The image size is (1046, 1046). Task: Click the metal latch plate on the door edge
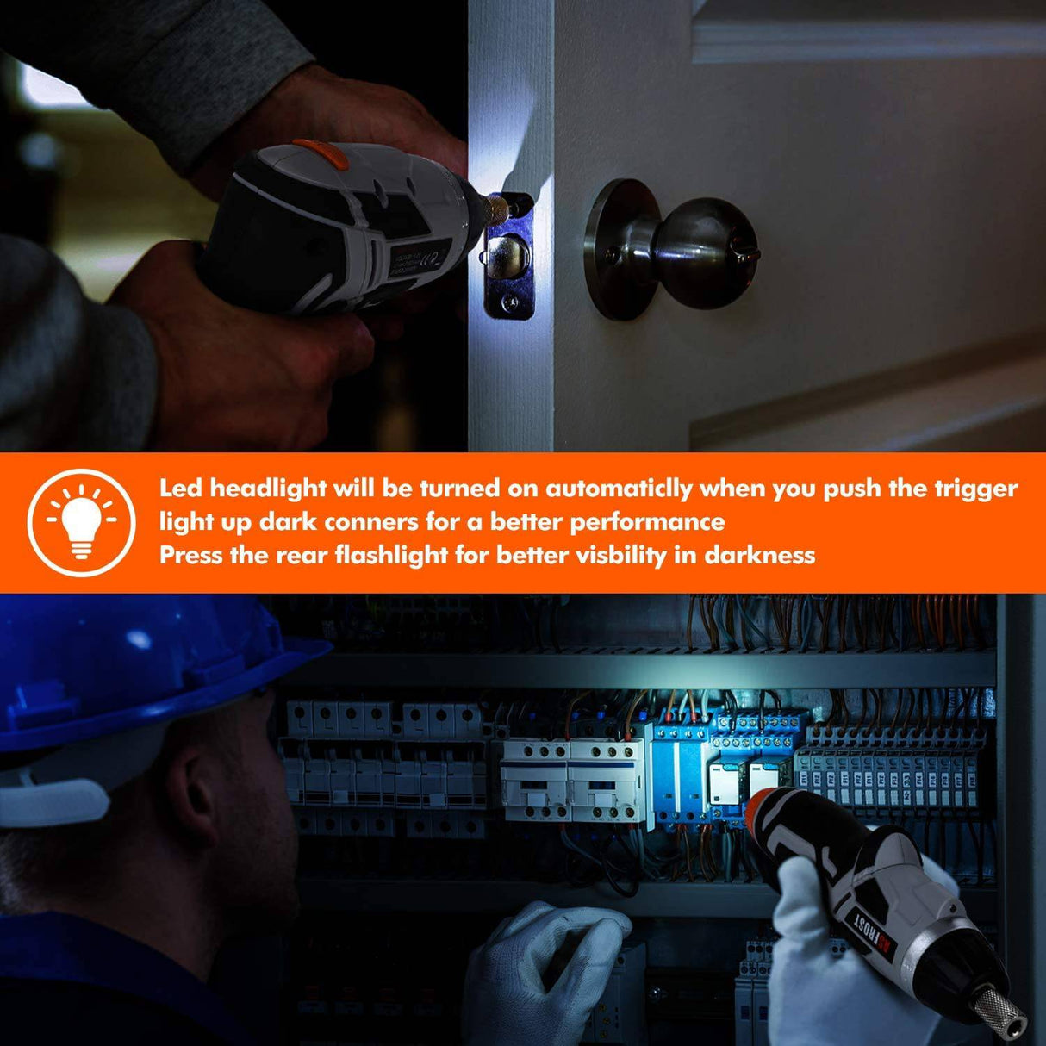click(x=508, y=258)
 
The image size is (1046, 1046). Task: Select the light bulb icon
click(x=82, y=521)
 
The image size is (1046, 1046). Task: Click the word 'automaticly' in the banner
click(x=619, y=489)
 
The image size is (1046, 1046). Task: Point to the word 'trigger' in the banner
click(x=976, y=489)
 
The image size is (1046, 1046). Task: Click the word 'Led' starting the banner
click(x=181, y=489)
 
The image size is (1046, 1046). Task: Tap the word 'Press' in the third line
click(x=191, y=555)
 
